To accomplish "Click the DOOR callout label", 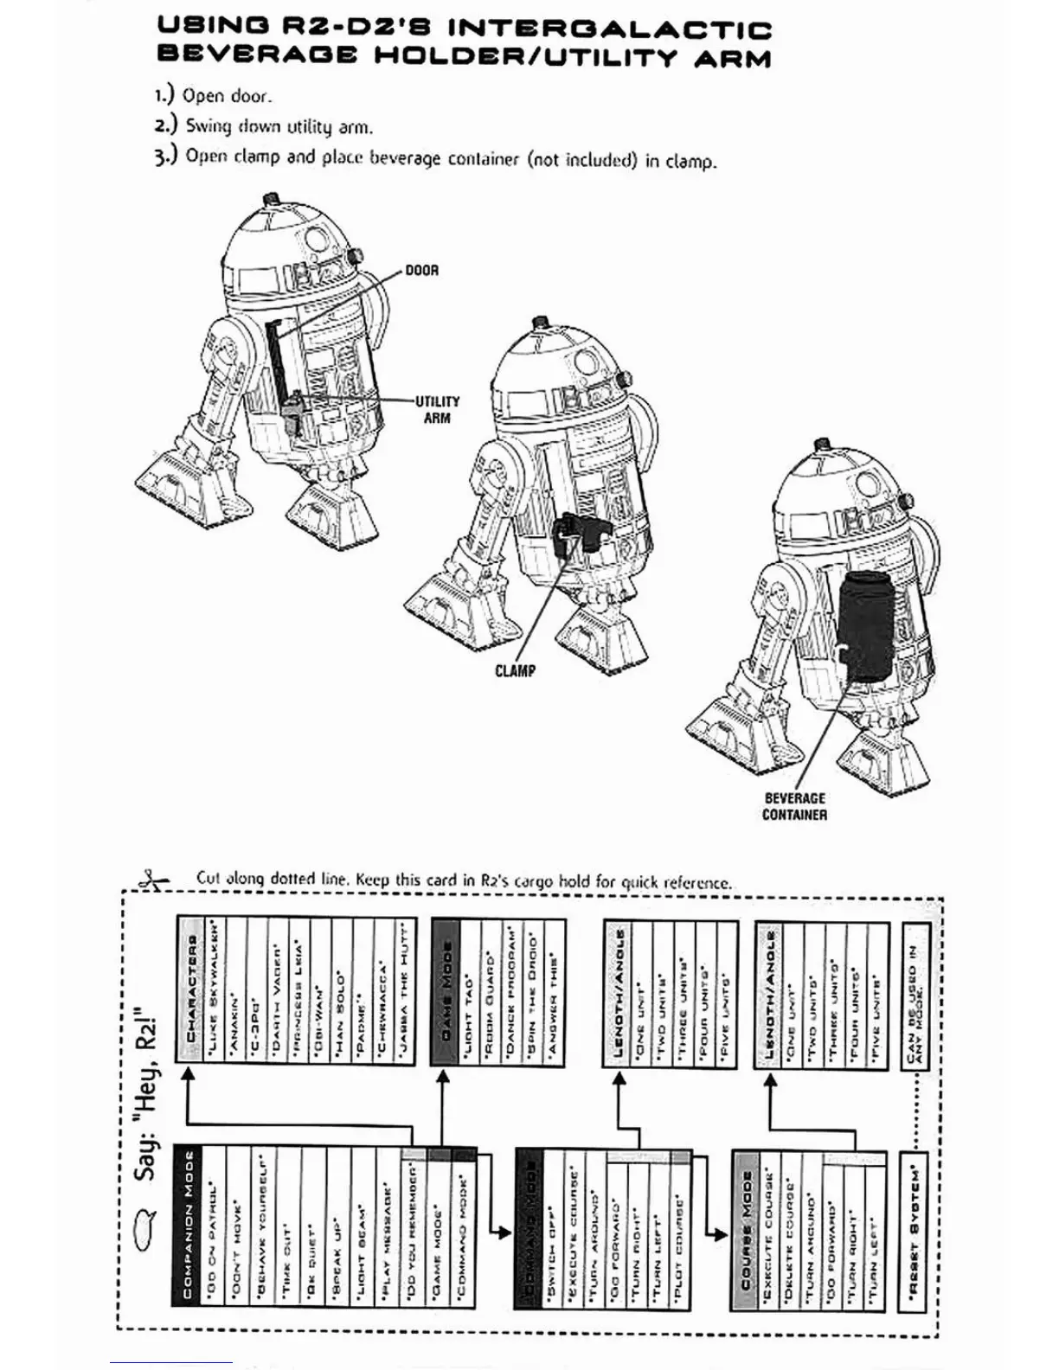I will coord(422,271).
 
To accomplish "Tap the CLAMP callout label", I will coord(515,670).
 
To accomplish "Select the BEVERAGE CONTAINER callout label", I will coord(794,807).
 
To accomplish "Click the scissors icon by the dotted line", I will coord(154,880).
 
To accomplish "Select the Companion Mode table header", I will coord(187,1224).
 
